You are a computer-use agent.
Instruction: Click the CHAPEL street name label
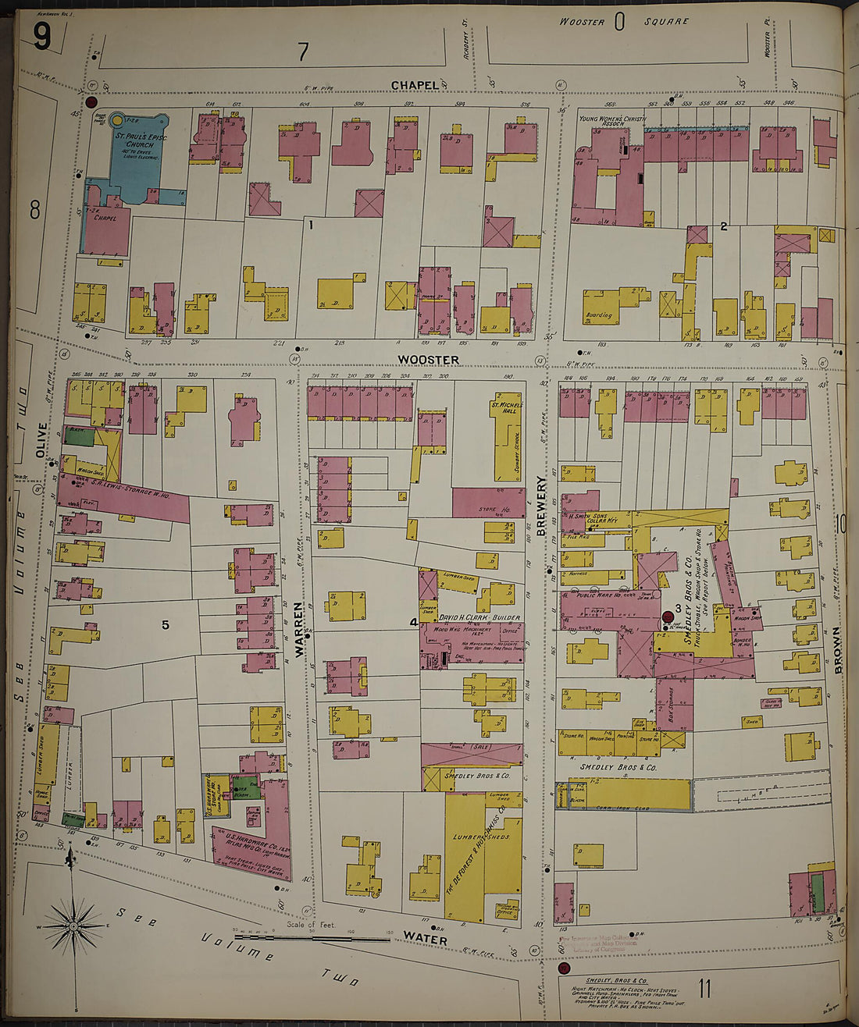415,84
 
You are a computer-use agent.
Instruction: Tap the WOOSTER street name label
428,360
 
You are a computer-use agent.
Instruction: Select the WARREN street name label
299,629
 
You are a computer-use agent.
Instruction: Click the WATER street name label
425,940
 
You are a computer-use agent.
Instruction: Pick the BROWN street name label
838,649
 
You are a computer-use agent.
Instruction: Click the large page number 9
42,37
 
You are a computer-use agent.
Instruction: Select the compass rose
73,926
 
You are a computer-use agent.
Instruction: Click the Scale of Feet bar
312,937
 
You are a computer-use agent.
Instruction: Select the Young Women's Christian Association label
612,121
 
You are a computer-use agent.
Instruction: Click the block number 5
165,624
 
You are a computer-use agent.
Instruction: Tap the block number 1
310,225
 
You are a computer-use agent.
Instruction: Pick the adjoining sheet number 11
704,990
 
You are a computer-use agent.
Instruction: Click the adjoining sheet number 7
303,52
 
